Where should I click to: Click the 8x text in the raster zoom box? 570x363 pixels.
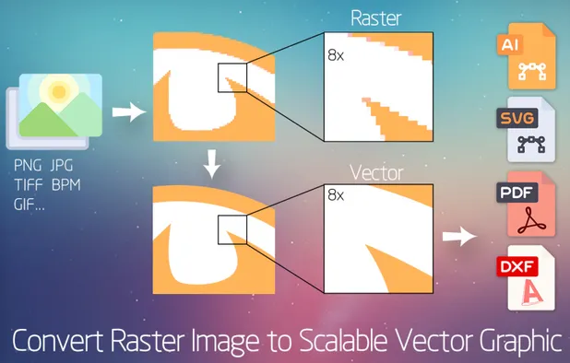(336, 53)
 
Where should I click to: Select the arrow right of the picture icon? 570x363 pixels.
(128, 112)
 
